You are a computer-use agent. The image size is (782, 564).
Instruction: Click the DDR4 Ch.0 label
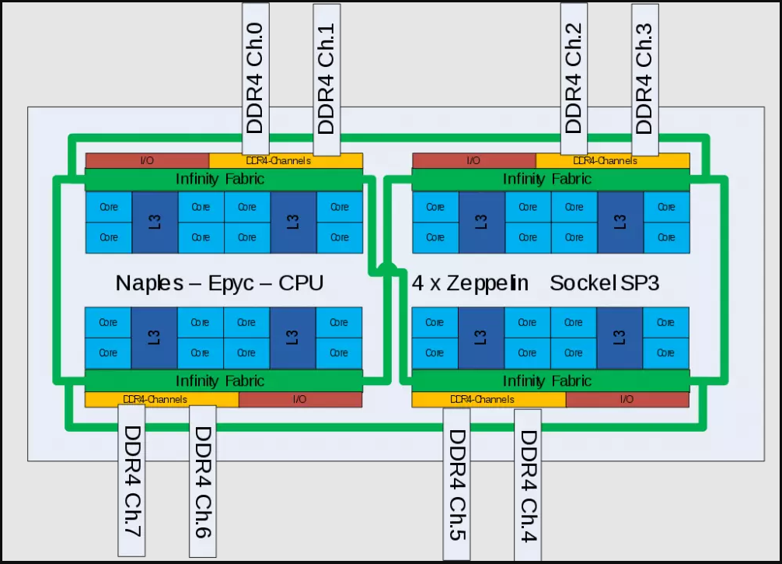[x=256, y=78]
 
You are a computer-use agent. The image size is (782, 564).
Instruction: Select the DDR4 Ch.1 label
[x=326, y=78]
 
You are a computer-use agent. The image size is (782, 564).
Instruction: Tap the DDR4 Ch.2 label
[x=574, y=78]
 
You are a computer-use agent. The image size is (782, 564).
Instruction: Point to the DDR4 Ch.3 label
[x=644, y=78]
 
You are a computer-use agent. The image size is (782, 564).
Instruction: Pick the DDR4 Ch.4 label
[x=528, y=486]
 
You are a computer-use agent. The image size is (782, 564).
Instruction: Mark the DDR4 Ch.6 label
[x=203, y=482]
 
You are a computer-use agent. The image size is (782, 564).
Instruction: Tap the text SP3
[x=640, y=283]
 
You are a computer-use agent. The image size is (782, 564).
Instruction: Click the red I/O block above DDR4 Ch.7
[x=300, y=399]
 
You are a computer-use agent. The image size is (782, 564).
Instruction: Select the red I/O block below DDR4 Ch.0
[x=146, y=161]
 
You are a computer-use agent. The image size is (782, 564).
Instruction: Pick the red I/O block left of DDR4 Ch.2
[x=473, y=161]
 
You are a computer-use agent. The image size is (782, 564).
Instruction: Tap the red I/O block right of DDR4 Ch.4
[x=627, y=399]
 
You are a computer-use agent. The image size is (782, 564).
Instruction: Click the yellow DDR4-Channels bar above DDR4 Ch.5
[x=488, y=399]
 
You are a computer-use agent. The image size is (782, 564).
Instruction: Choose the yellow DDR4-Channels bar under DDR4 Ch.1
[x=286, y=161]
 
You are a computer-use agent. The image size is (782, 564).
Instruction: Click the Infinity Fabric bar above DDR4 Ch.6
[x=224, y=381]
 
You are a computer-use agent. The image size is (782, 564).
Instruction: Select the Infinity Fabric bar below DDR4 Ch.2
[x=550, y=179]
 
